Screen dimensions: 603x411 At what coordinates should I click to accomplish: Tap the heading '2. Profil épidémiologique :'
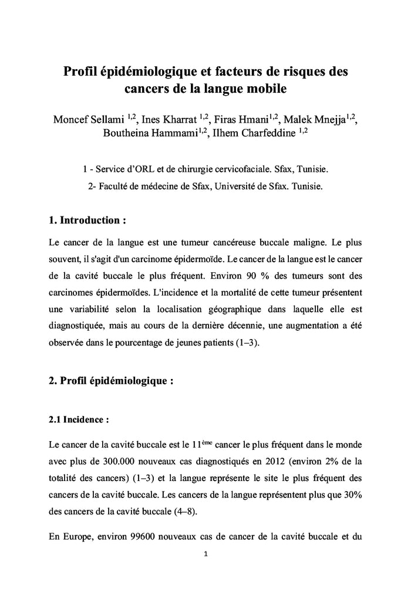(x=111, y=380)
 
